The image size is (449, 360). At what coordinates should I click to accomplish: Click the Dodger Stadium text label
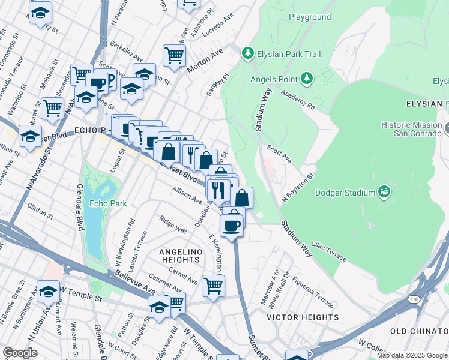coord(345,193)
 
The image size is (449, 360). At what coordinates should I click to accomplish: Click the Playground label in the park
coord(310,17)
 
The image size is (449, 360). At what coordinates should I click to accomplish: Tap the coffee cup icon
coord(231,226)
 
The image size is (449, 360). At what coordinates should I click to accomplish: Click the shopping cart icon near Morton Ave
coord(174,56)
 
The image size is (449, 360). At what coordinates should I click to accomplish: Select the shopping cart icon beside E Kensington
coord(213,285)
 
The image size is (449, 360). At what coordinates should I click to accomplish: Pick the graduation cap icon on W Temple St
coord(49,291)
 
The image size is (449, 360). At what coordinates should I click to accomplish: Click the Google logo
coord(20,353)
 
